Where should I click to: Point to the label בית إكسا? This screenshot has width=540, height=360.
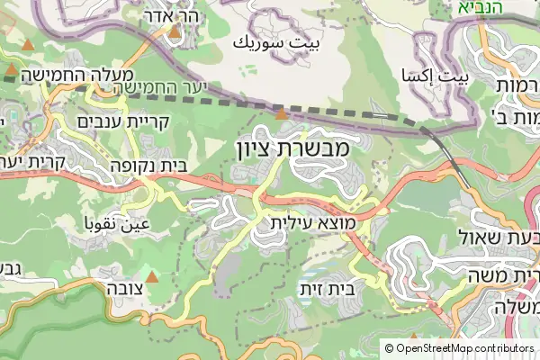click(x=436, y=77)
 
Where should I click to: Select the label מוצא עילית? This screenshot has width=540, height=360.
click(x=313, y=220)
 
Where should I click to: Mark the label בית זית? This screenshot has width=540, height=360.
click(x=327, y=290)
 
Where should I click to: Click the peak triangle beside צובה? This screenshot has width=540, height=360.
click(x=152, y=275)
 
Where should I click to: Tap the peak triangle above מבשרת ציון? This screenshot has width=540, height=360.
click(x=282, y=113)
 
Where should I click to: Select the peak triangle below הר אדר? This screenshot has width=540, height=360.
click(x=174, y=31)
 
